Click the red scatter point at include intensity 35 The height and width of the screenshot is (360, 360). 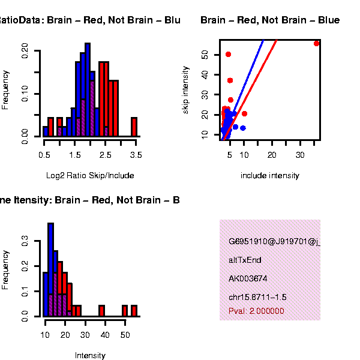pos(317,43)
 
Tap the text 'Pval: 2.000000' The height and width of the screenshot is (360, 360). pos(256,311)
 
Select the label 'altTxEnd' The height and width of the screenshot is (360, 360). pos(245,260)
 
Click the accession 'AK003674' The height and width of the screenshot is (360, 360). pos(248,278)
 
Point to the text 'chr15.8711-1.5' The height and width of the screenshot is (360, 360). pos(257,297)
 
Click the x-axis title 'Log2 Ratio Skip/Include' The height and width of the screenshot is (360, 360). pos(90,176)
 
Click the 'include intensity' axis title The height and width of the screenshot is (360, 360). pos(269,176)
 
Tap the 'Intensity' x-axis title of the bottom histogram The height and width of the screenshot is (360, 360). pos(90,355)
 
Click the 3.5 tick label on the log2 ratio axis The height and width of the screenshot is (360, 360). pos(136,155)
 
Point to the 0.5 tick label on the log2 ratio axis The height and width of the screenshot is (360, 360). pos(44,155)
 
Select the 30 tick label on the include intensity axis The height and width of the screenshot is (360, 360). pos(300,155)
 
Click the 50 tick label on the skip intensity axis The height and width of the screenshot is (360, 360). pos(205,55)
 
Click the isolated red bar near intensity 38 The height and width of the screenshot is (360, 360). pos(101,311)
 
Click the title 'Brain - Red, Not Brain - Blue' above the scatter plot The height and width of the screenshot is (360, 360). pos(270,20)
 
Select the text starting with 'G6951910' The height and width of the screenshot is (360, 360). pos(274,242)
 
